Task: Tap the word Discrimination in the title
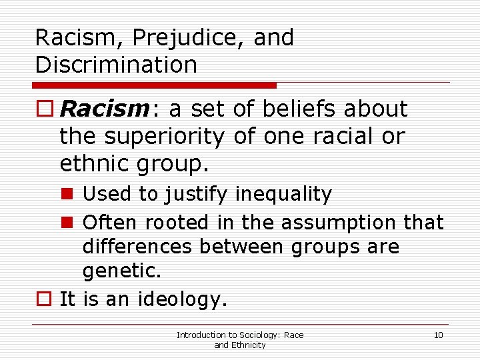[x=116, y=65]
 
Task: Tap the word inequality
[x=283, y=195]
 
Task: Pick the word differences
[x=137, y=247]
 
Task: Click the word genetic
[x=120, y=272]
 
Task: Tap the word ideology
[x=182, y=299]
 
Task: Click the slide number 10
[x=438, y=335]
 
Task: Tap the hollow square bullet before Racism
[x=45, y=109]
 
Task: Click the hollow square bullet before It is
[x=45, y=299]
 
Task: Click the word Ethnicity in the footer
[x=248, y=345]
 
